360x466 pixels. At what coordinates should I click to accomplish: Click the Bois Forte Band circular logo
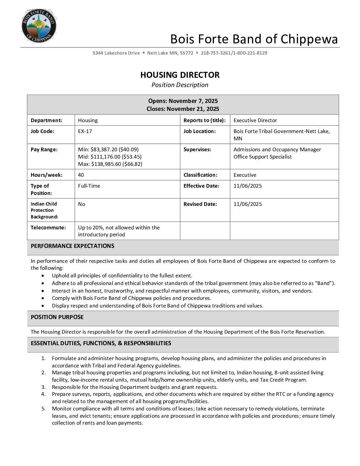[x=39, y=26]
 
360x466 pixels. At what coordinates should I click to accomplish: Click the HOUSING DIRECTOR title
[x=180, y=75]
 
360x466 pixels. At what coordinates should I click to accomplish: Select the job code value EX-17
[x=85, y=131]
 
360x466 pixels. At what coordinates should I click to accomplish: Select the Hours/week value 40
[x=81, y=175]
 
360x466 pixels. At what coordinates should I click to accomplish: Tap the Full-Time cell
[x=89, y=186]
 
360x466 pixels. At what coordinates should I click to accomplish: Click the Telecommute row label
[x=48, y=227]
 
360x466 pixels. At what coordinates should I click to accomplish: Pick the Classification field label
[x=201, y=175]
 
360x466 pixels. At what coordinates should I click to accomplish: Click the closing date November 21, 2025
[x=193, y=109]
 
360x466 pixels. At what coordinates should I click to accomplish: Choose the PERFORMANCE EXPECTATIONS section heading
[x=72, y=246]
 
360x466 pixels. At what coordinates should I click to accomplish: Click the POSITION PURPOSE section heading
[x=57, y=317]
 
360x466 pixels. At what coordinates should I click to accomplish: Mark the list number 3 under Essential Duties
[x=43, y=387]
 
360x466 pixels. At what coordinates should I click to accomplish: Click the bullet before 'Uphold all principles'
[x=43, y=275]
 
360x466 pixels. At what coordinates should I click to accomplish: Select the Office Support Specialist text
[x=263, y=157]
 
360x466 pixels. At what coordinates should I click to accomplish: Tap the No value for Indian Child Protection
[x=82, y=204]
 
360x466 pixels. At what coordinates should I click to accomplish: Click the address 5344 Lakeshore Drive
[x=116, y=53]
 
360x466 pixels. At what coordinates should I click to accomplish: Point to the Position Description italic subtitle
[x=180, y=85]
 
